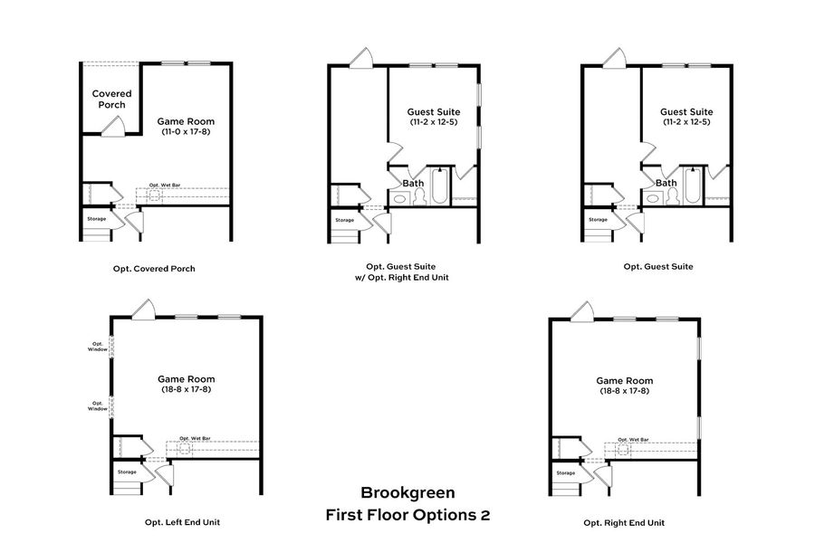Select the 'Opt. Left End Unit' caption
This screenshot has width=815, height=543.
tap(182, 522)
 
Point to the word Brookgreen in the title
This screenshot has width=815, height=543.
tap(407, 493)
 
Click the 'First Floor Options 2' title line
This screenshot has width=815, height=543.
tap(407, 515)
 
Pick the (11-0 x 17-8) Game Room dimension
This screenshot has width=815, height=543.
tap(187, 132)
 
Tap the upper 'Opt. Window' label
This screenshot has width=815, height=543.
tap(98, 347)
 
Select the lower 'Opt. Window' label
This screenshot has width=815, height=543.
tap(98, 406)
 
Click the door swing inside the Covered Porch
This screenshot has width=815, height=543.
tap(111, 128)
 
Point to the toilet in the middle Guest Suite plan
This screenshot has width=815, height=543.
tap(420, 198)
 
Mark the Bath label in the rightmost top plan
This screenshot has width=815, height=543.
tap(666, 183)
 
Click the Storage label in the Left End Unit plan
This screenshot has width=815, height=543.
tap(127, 472)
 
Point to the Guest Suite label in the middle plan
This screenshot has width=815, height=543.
tap(432, 111)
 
